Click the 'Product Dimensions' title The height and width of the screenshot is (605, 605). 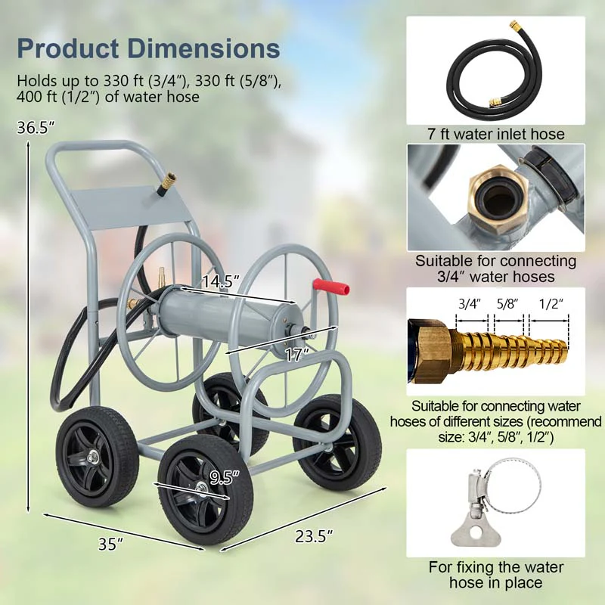pos(148,48)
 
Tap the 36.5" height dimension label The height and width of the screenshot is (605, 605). pos(37,128)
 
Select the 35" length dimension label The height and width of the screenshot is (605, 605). pos(110,543)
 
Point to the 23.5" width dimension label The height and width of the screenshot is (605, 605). pos(314,537)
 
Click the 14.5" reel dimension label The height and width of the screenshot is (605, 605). pos(220,281)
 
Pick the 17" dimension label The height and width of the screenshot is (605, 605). pos(297,353)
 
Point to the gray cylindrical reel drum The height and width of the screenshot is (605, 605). pos(227,310)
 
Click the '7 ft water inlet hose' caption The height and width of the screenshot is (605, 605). pos(495,134)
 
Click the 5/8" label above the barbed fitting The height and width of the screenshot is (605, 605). pos(507,305)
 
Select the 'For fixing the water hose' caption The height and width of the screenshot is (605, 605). pos(495,574)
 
